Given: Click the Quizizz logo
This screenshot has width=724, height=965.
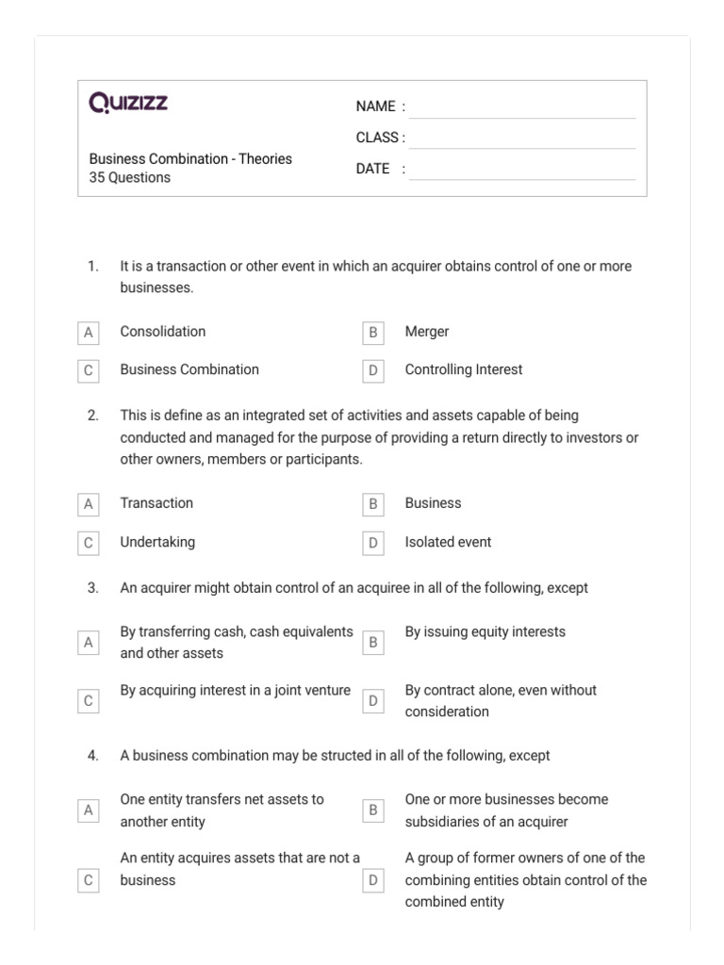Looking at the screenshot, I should (x=128, y=103).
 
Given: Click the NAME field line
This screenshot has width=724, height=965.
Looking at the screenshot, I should (x=522, y=107).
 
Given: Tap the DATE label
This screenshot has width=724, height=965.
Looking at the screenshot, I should (x=373, y=169).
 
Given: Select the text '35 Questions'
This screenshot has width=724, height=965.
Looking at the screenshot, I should (x=130, y=177).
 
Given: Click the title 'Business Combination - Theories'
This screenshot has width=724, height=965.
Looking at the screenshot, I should (x=190, y=158).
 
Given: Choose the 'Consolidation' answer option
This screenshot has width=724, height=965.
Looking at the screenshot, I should (x=162, y=332).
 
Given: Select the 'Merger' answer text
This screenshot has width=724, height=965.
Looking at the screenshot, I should (x=427, y=332).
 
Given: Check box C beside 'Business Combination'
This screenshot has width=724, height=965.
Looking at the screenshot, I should (x=89, y=371).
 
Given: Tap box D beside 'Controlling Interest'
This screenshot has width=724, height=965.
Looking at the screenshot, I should (x=373, y=371).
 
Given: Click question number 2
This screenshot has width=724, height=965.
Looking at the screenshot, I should (x=92, y=416).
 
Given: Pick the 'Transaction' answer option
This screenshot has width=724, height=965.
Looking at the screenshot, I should (x=156, y=503).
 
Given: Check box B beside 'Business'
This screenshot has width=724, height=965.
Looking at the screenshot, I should (x=373, y=504).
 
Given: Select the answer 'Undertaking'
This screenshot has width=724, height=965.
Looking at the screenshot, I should (x=157, y=542).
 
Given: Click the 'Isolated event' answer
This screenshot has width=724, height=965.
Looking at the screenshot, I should (x=448, y=542).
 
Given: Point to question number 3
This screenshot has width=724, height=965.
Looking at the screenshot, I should (x=92, y=588).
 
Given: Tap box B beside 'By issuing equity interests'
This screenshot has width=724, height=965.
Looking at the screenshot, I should (x=373, y=643).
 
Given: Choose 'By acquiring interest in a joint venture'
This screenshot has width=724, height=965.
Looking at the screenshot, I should (x=235, y=690).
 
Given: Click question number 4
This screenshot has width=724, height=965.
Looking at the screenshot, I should (x=92, y=756).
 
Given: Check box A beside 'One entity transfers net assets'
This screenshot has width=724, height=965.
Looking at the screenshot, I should (x=89, y=810).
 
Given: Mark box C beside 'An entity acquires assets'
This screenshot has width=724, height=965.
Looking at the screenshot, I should (x=89, y=880).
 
